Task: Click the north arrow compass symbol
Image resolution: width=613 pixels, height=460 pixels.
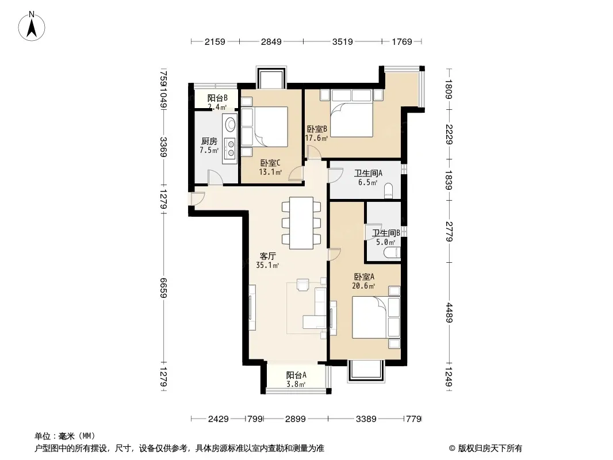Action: [x=32, y=26]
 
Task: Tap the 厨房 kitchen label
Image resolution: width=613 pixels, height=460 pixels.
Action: [x=209, y=141]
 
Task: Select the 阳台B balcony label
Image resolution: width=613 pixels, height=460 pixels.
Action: [x=217, y=98]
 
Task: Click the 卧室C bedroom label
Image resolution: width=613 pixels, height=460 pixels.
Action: [x=270, y=163]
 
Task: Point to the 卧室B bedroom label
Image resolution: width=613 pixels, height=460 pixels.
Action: [x=317, y=129]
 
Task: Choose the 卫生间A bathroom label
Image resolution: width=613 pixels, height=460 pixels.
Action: [x=368, y=173]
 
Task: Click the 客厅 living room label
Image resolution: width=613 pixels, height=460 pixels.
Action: [x=268, y=256]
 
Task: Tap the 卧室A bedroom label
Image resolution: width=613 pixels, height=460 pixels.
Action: [x=364, y=277]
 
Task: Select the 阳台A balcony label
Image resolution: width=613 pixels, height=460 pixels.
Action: [x=296, y=375]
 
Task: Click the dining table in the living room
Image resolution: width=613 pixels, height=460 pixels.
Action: [x=301, y=223]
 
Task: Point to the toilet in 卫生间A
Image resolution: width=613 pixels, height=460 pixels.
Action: [x=389, y=191]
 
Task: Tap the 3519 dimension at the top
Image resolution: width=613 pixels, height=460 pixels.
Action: [x=343, y=41]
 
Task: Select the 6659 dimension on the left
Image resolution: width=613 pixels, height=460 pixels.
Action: [x=163, y=287]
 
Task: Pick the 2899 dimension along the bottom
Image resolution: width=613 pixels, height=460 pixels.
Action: [x=295, y=419]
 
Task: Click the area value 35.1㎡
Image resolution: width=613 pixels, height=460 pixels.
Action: [x=267, y=266]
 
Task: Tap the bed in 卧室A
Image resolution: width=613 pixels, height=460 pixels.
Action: [x=376, y=317]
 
